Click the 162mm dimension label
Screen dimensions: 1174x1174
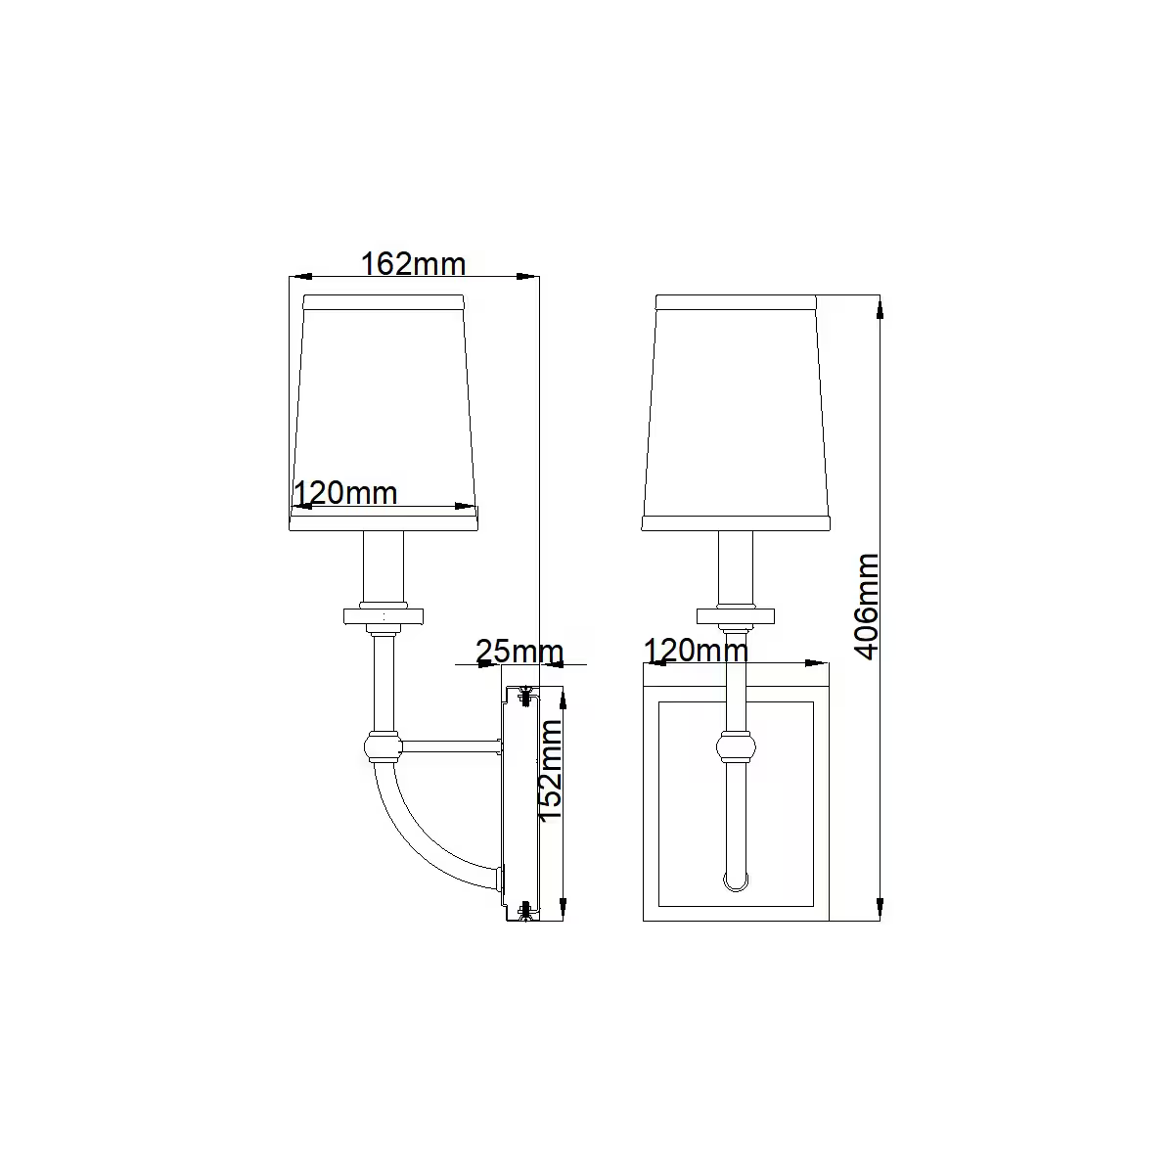pyautogui.click(x=413, y=264)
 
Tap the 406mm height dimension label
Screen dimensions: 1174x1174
pyautogui.click(x=867, y=607)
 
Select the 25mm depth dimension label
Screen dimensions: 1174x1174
pyautogui.click(x=519, y=651)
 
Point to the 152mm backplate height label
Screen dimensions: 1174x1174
pyautogui.click(x=550, y=771)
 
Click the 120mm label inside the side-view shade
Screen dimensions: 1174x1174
pyautogui.click(x=345, y=492)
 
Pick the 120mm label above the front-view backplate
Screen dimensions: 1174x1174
pyautogui.click(x=696, y=650)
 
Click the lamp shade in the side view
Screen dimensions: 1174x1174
pyautogui.click(x=384, y=413)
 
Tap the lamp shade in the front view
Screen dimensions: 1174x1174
pyautogui.click(x=736, y=413)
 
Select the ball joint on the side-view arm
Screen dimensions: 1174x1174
pyautogui.click(x=384, y=746)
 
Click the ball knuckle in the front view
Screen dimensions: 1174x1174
pyautogui.click(x=736, y=746)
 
